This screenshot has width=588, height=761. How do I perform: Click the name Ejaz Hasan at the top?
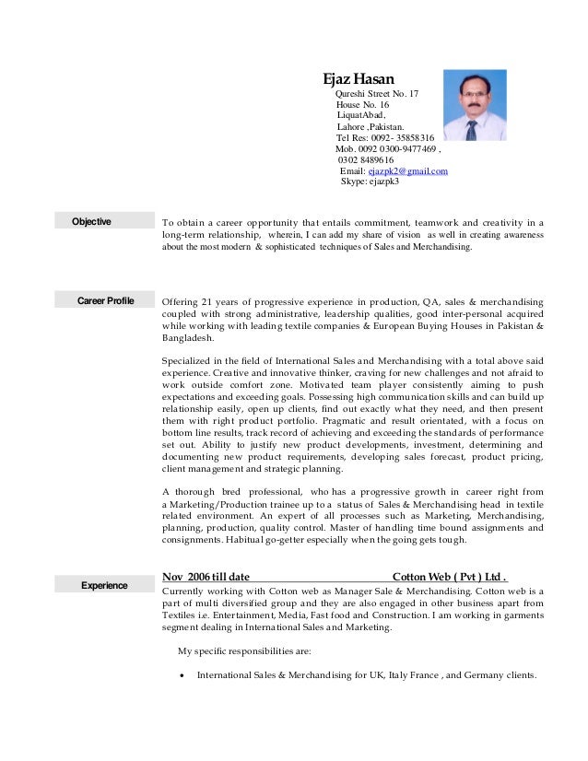[357, 79]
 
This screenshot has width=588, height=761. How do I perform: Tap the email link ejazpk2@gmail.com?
[407, 171]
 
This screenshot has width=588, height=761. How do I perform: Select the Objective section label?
[92, 221]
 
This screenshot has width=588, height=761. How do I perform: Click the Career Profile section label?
[106, 301]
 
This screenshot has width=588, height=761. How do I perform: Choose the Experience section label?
[104, 584]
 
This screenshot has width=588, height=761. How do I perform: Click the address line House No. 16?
[362, 105]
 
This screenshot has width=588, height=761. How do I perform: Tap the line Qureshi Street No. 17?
[377, 94]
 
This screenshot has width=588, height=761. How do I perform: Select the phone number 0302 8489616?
[366, 160]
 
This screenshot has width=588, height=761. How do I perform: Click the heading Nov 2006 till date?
[206, 577]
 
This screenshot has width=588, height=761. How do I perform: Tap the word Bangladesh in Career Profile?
[187, 338]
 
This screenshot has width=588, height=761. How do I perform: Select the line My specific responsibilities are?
[244, 650]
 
